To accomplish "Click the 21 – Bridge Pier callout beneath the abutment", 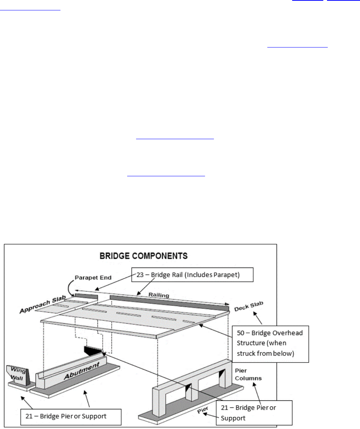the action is (x=70, y=416).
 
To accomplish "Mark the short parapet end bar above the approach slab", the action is (x=86, y=297).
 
